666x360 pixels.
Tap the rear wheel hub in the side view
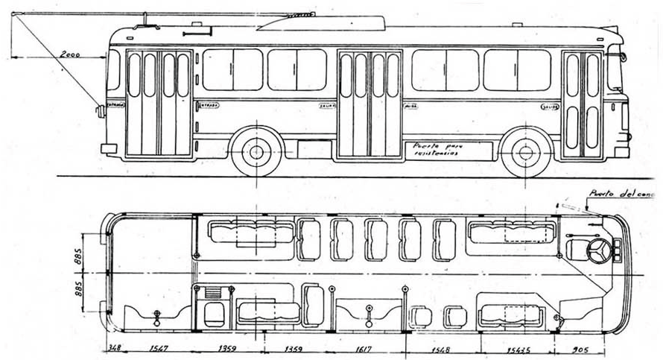click(257, 152)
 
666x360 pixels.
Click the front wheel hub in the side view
click(526, 152)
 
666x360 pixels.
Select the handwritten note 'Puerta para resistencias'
click(434, 149)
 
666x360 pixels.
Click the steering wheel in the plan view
click(598, 251)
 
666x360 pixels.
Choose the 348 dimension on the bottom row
click(113, 348)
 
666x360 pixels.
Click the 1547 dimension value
click(158, 348)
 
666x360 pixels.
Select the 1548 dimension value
click(443, 348)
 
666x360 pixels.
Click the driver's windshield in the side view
click(615, 71)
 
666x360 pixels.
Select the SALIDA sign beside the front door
click(550, 107)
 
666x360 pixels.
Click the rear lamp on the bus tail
click(100, 111)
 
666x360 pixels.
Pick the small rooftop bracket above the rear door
click(197, 32)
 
